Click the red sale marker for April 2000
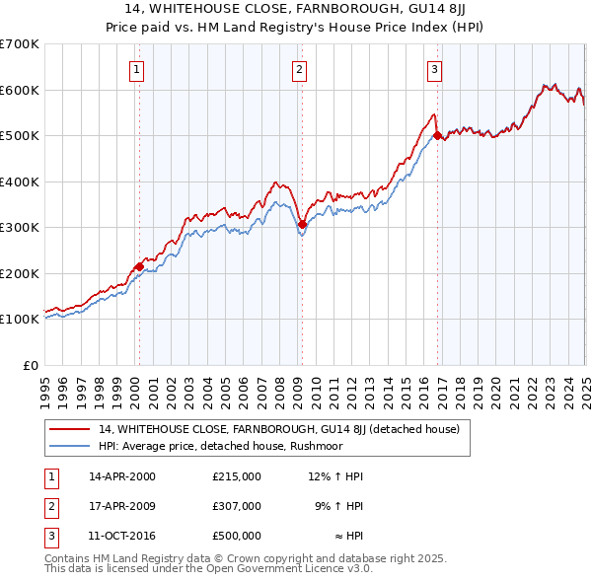(139, 266)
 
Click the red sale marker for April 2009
(302, 224)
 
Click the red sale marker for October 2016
(437, 136)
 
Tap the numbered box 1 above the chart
(136, 69)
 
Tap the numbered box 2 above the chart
(299, 69)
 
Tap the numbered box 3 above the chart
(434, 69)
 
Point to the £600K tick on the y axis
(22, 90)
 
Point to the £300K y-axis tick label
(22, 227)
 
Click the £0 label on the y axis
(32, 365)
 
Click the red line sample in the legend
(69, 429)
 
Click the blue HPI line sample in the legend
(69, 445)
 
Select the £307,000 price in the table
(236, 506)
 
